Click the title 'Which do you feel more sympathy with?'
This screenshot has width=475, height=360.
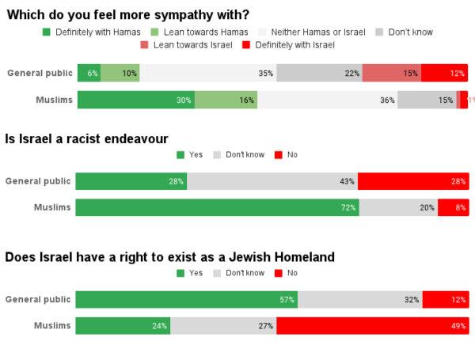pos(127,14)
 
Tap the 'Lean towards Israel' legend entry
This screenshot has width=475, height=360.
pos(186,45)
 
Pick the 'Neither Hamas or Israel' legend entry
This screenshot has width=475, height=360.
pos(317,32)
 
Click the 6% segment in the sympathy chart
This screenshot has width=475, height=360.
pos(89,74)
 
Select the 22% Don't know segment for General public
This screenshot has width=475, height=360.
pos(319,74)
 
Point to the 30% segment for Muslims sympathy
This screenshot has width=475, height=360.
pos(135,100)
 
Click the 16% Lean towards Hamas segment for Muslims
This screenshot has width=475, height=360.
pos(226,100)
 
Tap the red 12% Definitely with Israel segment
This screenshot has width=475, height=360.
pos(444,74)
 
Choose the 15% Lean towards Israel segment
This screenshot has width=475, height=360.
pos(391,74)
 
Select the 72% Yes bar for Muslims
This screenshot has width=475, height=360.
pos(217,208)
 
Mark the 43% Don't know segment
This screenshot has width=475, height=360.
pos(272,181)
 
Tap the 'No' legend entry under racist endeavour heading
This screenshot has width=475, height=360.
pos(286,155)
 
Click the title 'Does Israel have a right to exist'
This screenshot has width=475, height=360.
pos(169,257)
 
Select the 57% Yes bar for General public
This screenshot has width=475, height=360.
pos(186,300)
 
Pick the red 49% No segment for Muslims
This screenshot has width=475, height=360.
pos(372,326)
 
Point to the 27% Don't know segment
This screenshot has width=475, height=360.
pos(223,326)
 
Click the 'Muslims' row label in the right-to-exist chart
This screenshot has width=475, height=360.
pos(52,326)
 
